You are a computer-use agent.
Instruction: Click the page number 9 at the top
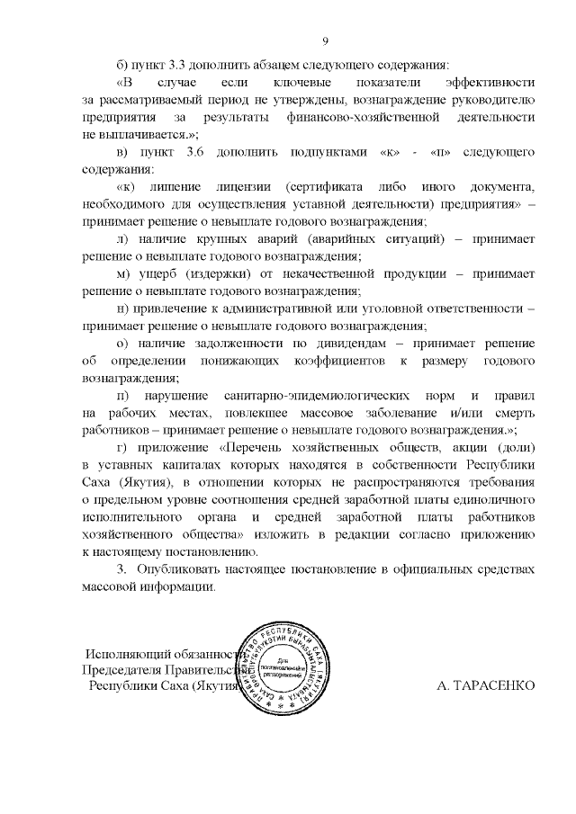(x=326, y=40)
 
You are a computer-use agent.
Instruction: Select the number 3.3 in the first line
(x=171, y=66)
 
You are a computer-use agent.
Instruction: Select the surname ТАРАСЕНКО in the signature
(x=486, y=685)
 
